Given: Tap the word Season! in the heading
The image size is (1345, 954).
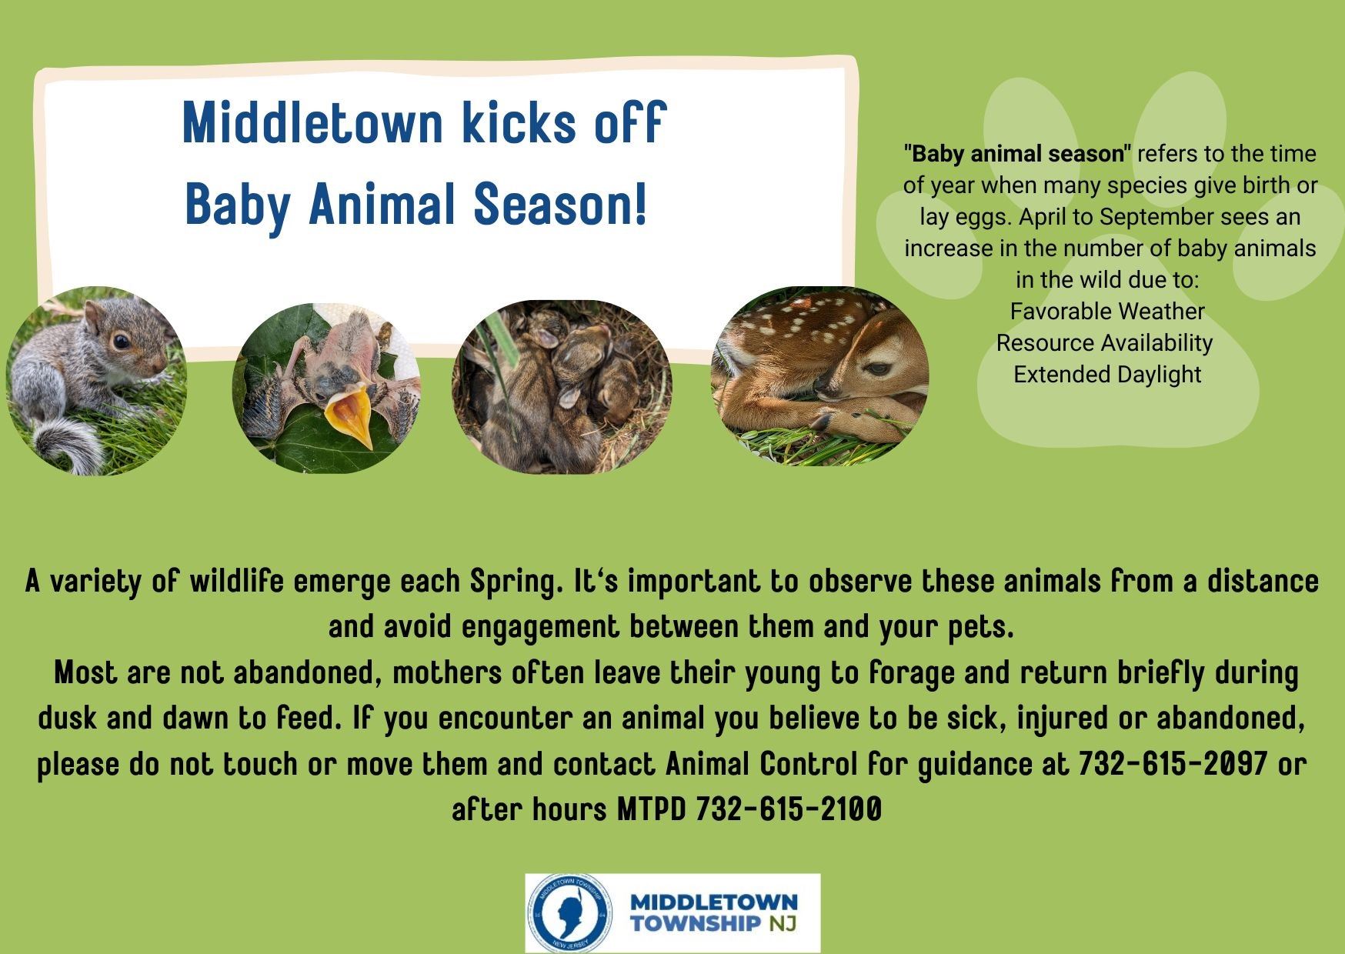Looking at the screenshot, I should (559, 205).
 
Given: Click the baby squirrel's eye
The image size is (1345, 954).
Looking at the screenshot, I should (121, 342).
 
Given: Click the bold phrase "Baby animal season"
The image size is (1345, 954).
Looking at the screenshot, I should (1018, 155).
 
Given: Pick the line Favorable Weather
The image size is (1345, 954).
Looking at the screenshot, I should (1106, 312).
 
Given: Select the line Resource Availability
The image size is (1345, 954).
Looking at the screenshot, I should (1104, 343).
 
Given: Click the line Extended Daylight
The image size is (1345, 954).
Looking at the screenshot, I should (1106, 375).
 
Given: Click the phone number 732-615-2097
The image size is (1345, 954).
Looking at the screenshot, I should (1172, 764).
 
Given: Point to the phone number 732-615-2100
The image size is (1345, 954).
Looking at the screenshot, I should (788, 809).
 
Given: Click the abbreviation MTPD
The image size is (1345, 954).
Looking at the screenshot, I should (651, 809).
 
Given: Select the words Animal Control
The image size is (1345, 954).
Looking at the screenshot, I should (761, 764).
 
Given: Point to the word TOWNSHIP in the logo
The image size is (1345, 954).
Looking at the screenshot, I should (695, 923).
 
